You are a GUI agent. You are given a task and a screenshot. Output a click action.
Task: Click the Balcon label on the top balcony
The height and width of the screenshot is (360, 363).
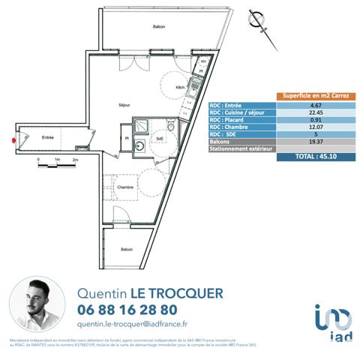pyautogui.click(x=158, y=27)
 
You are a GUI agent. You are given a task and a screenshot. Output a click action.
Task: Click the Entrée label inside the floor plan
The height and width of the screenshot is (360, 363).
pyautogui.click(x=47, y=137)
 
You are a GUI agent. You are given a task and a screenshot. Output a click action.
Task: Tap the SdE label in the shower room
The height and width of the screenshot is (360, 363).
pyautogui.click(x=160, y=139)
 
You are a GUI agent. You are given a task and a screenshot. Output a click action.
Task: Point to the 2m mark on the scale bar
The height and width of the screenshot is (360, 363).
pyautogui.click(x=75, y=161)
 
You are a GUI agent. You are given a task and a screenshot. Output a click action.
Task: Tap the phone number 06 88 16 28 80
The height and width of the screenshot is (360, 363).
pyautogui.click(x=127, y=309)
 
